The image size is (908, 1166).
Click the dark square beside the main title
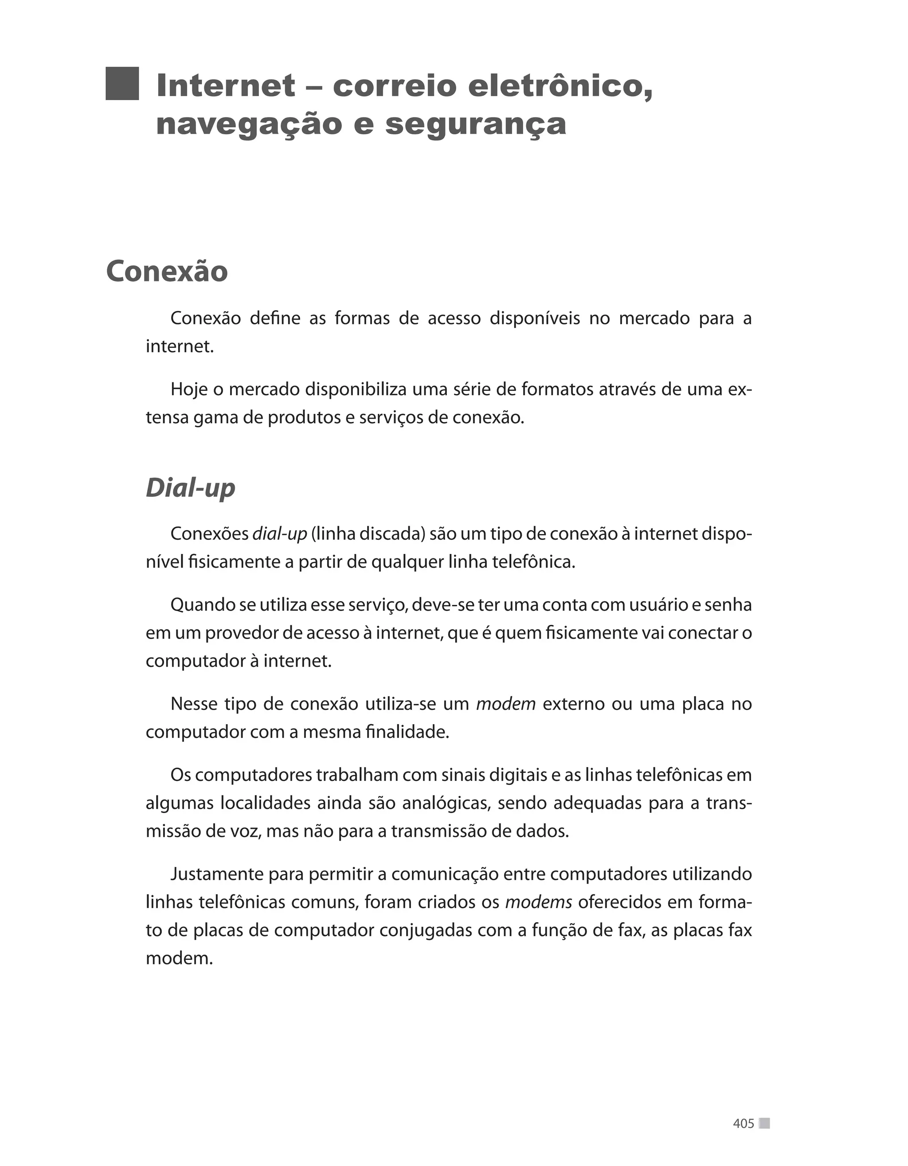(x=122, y=84)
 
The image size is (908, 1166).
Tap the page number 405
(x=743, y=1123)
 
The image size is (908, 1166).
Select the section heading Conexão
(x=167, y=271)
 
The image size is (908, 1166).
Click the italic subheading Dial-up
(x=190, y=488)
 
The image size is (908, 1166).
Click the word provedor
(x=241, y=633)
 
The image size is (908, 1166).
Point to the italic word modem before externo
(x=505, y=704)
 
